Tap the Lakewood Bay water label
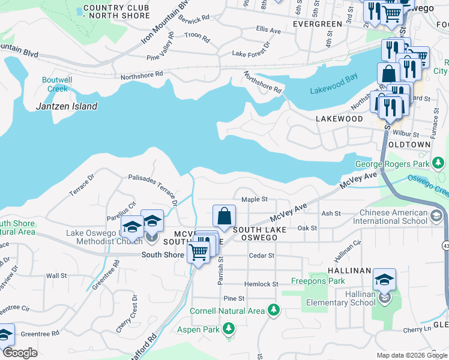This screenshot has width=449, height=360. [334, 91]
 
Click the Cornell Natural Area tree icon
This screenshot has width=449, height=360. [274, 310]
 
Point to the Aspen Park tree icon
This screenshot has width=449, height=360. [228, 329]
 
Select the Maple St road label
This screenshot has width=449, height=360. [254, 199]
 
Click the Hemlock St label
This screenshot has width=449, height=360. [261, 284]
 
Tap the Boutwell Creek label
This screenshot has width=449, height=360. [58, 84]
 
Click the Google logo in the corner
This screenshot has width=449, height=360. [19, 353]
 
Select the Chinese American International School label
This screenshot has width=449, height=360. [402, 217]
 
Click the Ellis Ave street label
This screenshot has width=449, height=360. [268, 29]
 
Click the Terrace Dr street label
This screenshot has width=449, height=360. [82, 185]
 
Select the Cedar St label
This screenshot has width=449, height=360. [262, 255]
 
